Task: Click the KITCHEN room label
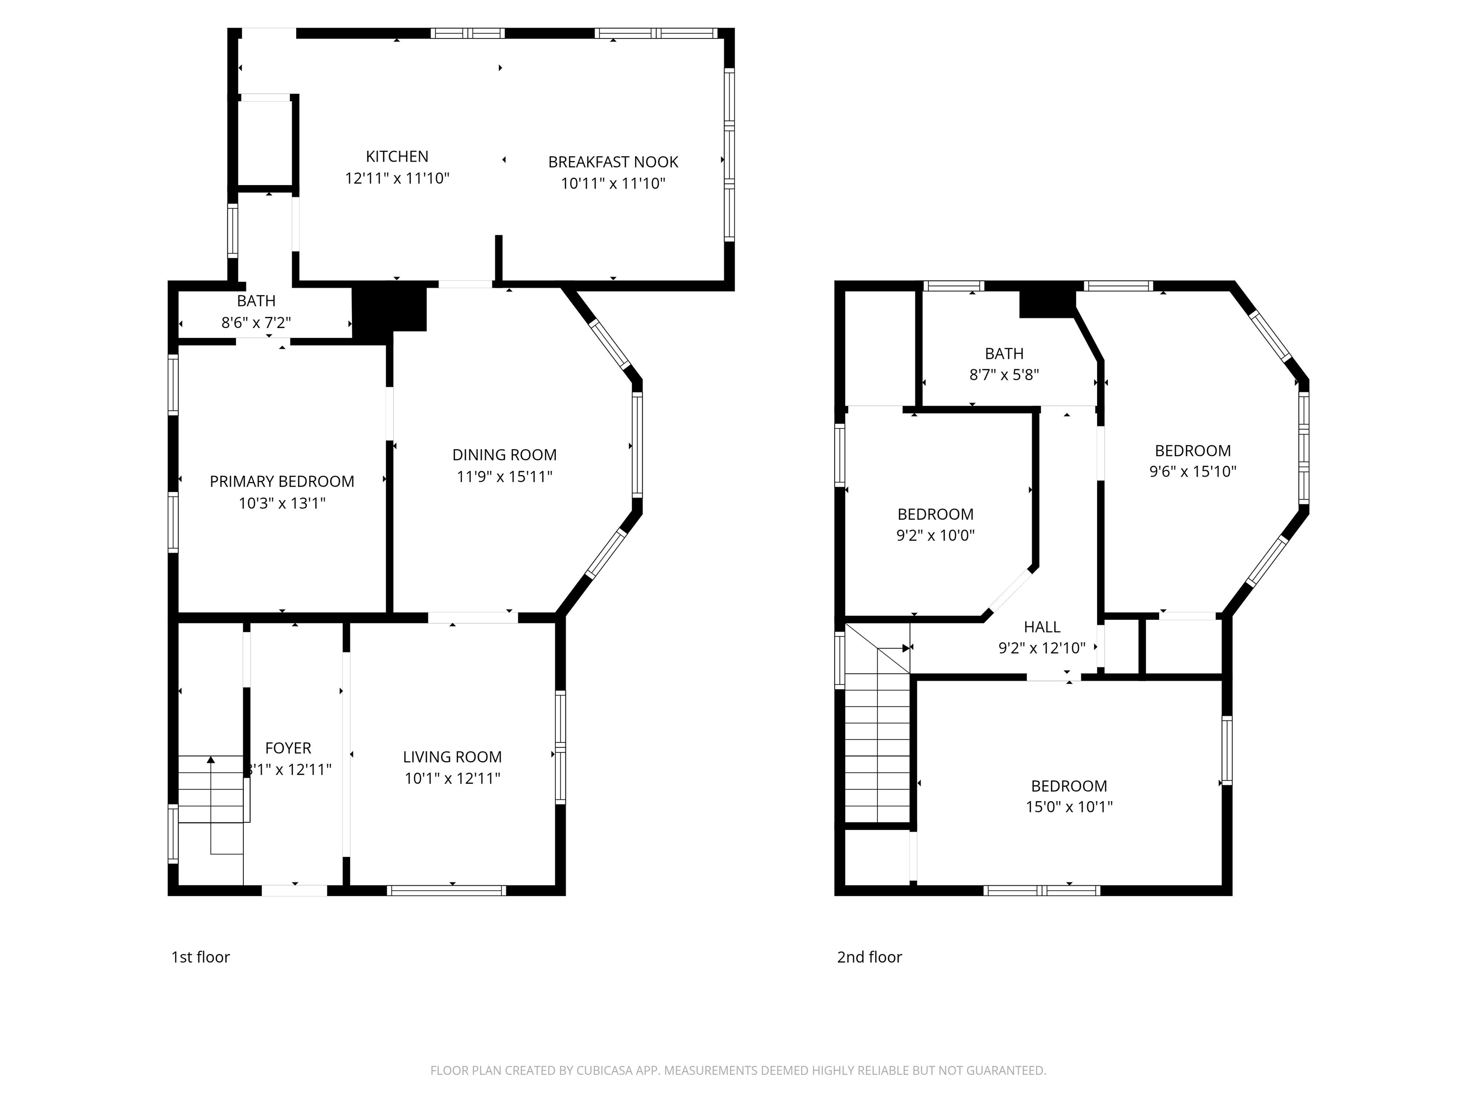(x=397, y=156)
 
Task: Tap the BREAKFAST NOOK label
(x=613, y=162)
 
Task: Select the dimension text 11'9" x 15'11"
(x=504, y=476)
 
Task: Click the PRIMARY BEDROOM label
(x=282, y=481)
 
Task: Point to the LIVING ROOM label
(x=452, y=756)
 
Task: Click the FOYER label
(x=288, y=748)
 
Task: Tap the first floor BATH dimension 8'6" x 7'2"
(x=256, y=323)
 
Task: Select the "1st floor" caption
(x=200, y=957)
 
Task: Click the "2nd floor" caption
(x=869, y=957)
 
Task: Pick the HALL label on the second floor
(x=1042, y=627)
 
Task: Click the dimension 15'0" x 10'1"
(x=1068, y=807)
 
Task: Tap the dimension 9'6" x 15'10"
(x=1192, y=471)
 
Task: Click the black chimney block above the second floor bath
(x=1046, y=303)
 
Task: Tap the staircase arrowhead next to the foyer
(x=211, y=759)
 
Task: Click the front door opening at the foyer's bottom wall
(x=294, y=890)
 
